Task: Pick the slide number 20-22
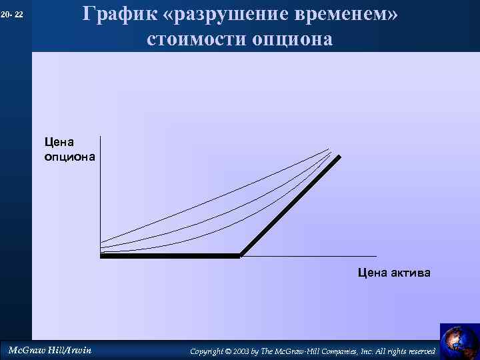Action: click(x=12, y=14)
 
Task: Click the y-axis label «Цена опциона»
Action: click(x=69, y=149)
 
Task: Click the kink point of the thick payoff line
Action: click(x=240, y=255)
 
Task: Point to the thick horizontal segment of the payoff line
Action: click(x=170, y=255)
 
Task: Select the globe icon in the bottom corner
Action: click(x=459, y=340)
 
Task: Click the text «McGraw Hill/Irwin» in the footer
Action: click(x=49, y=350)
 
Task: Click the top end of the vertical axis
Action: click(x=100, y=137)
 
